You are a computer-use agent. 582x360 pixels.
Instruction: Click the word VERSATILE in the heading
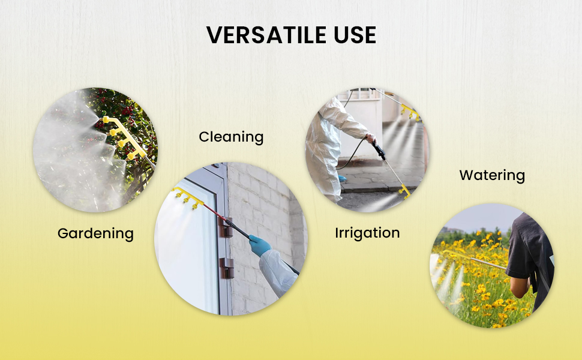click(266, 35)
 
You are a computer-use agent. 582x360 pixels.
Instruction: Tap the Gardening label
click(95, 234)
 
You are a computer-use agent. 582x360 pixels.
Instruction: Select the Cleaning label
click(231, 137)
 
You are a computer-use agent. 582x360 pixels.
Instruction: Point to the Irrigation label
click(367, 233)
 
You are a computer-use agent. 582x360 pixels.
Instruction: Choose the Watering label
click(492, 175)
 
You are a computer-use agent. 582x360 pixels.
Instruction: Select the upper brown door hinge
click(226, 227)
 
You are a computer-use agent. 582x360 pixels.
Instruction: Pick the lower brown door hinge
click(226, 268)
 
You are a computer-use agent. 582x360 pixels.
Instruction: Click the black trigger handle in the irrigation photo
click(379, 151)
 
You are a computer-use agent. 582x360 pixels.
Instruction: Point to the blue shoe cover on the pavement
click(342, 179)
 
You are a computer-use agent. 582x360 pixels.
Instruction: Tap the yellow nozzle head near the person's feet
click(404, 191)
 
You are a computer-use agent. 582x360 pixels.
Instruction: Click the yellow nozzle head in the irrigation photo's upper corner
click(410, 112)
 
